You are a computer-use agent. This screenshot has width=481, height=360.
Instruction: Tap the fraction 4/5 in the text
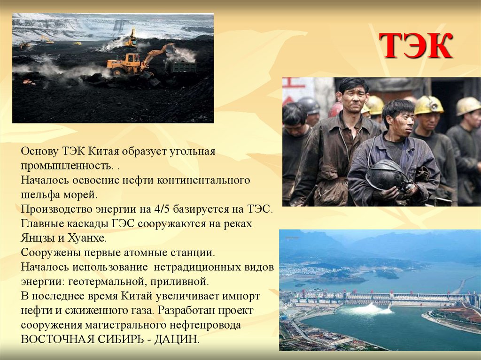coord(138,209)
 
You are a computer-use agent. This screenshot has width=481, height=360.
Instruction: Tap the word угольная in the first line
coord(192,151)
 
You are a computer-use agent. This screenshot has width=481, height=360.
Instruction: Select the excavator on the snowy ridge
coord(132,38)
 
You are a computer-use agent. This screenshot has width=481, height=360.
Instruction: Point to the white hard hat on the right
coord(468,105)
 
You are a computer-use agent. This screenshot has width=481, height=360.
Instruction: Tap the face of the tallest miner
coord(354,96)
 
